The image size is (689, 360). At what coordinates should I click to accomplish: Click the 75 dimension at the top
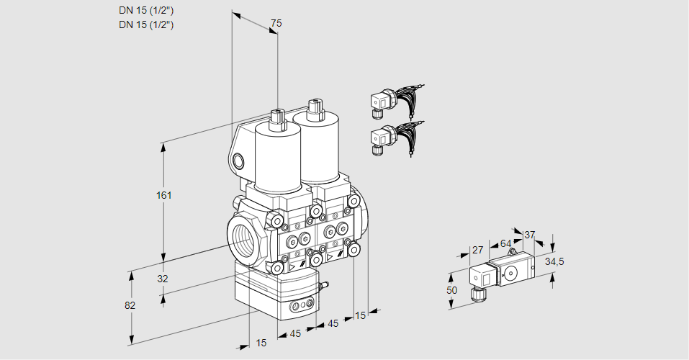[276, 24]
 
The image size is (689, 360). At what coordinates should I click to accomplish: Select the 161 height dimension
[166, 195]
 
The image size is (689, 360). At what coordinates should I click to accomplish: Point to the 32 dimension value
[162, 279]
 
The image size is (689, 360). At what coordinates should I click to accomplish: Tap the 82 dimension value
[130, 305]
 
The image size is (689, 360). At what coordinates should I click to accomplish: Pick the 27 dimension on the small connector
[477, 250]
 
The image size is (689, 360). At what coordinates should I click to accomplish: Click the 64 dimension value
[505, 243]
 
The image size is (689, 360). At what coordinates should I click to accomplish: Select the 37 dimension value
[530, 235]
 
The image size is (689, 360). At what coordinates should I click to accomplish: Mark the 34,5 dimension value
[554, 261]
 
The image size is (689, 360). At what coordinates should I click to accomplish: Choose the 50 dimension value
[452, 289]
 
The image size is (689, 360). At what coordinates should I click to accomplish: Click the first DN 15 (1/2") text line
[147, 10]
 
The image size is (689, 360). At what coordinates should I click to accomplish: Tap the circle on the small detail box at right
[511, 272]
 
